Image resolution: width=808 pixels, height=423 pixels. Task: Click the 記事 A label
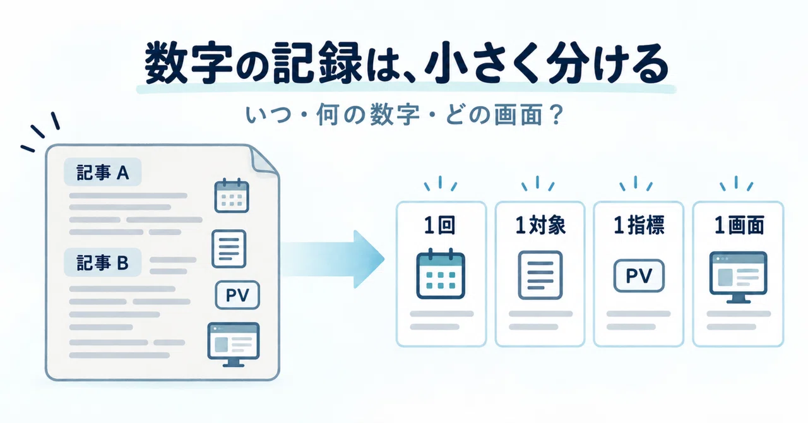tap(102, 172)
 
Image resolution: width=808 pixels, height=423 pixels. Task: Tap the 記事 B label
tap(102, 263)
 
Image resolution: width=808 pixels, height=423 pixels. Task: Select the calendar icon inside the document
tap(232, 195)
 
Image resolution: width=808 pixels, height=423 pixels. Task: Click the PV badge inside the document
tap(237, 295)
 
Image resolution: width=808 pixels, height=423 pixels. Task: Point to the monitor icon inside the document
tap(234, 344)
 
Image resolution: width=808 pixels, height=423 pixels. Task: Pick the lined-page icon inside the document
tap(229, 249)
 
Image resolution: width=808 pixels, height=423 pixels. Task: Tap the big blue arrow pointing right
tap(333, 259)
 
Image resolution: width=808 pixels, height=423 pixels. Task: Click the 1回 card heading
tap(440, 225)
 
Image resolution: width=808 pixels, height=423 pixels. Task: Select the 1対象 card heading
tap(540, 225)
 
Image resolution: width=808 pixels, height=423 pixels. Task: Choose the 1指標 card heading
tap(639, 225)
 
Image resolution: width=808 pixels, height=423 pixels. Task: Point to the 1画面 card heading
tap(739, 225)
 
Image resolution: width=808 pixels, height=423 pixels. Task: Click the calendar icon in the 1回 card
tap(441, 273)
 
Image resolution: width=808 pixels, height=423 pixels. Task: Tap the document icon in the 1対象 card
tap(540, 275)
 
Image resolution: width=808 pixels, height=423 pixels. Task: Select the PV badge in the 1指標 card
tap(639, 276)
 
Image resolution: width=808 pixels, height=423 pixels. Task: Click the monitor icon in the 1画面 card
tap(738, 277)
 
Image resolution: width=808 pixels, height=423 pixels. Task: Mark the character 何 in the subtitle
tap(327, 115)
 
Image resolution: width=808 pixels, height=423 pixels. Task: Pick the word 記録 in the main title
tap(317, 64)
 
